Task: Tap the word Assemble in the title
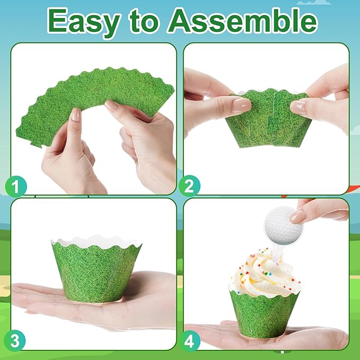pyautogui.click(x=243, y=20)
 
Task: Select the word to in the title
pyautogui.click(x=144, y=21)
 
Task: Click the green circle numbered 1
pyautogui.click(x=16, y=186)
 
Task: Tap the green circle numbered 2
pyautogui.click(x=189, y=186)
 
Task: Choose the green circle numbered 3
pyautogui.click(x=15, y=341)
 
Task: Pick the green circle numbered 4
pyautogui.click(x=189, y=341)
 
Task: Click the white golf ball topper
pyautogui.click(x=283, y=225)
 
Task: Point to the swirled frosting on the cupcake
pyautogui.click(x=264, y=273)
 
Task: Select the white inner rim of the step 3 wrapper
pyautogui.click(x=96, y=241)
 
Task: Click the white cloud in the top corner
pyautogui.click(x=314, y=3)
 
